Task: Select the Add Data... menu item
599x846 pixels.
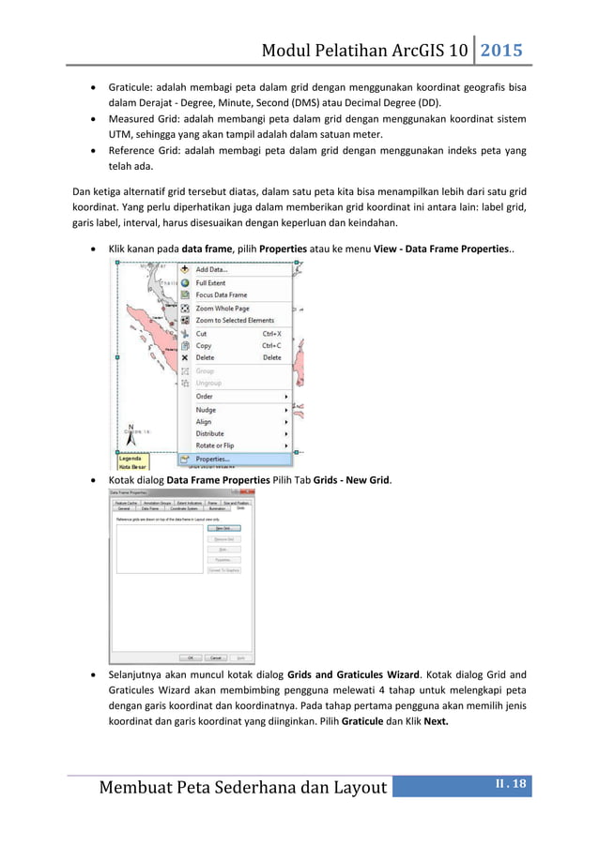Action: click(211, 269)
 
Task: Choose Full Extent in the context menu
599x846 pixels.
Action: click(210, 282)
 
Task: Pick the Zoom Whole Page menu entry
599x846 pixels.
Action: click(223, 308)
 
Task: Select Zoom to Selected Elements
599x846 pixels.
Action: click(235, 320)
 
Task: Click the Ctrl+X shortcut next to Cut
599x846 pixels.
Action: click(271, 333)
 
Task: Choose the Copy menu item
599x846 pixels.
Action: click(204, 345)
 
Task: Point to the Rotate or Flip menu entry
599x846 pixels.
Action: click(215, 446)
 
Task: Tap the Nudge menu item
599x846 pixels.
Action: click(206, 410)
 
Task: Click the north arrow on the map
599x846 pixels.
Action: click(132, 432)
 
